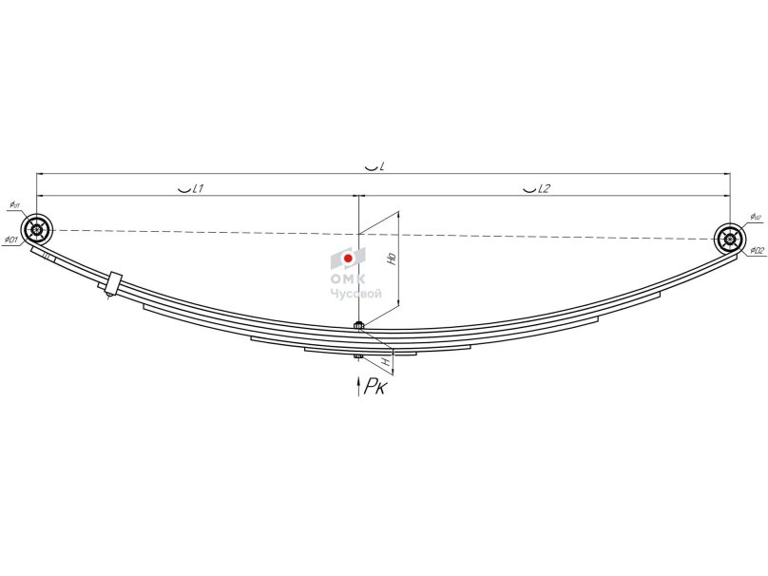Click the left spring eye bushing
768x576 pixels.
[x=37, y=229]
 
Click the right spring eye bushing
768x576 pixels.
[x=729, y=239]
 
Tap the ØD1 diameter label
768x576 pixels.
[x=11, y=240]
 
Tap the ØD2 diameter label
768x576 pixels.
[x=757, y=250]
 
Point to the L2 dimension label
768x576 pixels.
[x=542, y=189]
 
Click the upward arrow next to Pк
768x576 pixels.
[x=358, y=386]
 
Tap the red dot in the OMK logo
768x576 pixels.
[x=349, y=258]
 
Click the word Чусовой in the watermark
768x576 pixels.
[x=355, y=294]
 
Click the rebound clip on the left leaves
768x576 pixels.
[x=112, y=283]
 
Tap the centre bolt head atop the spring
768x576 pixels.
[x=358, y=326]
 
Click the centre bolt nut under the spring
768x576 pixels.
[x=358, y=357]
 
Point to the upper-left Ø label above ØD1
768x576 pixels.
[x=15, y=204]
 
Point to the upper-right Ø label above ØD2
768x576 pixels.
[x=755, y=217]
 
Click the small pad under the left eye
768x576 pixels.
[x=45, y=255]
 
